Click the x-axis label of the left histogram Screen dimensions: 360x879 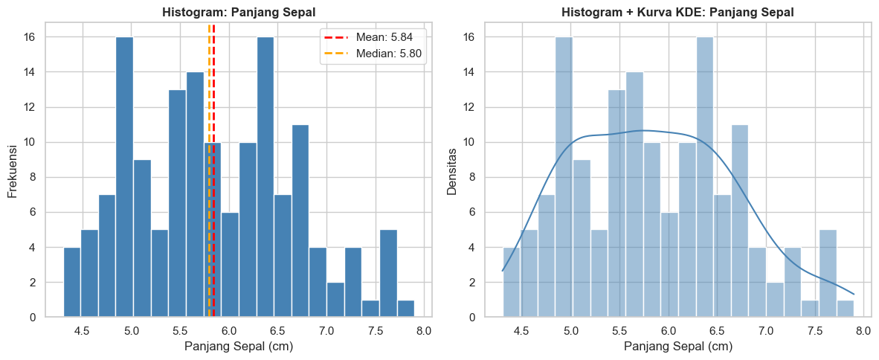pyautogui.click(x=239, y=347)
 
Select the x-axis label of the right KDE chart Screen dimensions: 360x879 pyautogui.click(x=678, y=347)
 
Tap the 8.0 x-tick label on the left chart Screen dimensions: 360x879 pyautogui.click(x=424, y=330)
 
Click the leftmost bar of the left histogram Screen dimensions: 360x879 pyautogui.click(x=72, y=283)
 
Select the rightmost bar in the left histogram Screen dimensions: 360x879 pyautogui.click(x=406, y=309)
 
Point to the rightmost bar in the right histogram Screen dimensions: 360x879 pyautogui.click(x=846, y=309)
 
